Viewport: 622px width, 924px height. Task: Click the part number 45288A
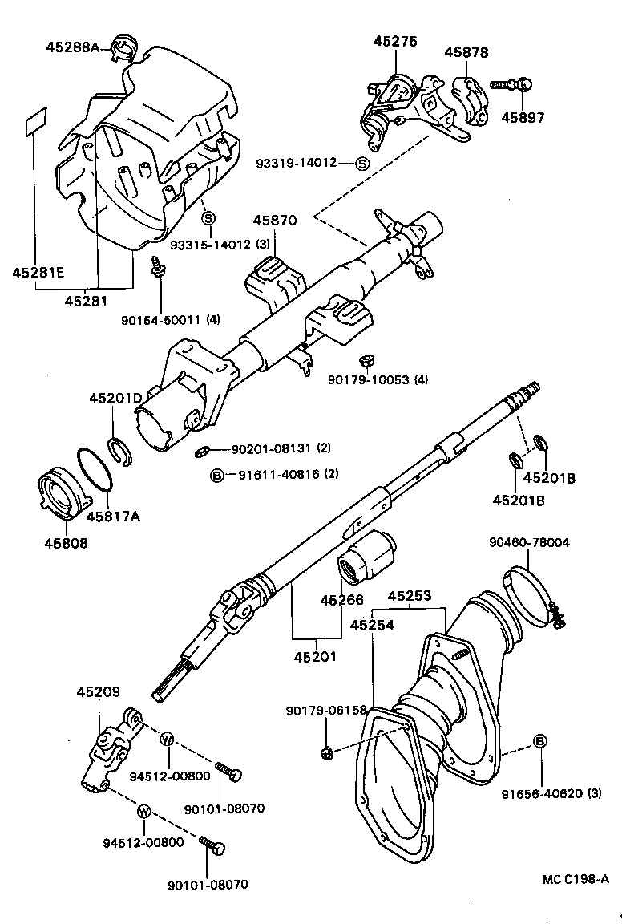[x=71, y=47]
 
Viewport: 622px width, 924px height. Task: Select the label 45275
[x=393, y=43]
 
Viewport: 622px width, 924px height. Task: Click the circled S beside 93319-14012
[x=361, y=164]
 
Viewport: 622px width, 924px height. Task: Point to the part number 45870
[x=275, y=220]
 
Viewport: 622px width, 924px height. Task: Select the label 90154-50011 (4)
[x=171, y=319]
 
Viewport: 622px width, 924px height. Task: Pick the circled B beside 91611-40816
[x=216, y=475]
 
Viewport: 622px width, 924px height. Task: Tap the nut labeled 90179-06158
[x=326, y=751]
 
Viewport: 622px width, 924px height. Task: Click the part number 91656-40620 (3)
[x=551, y=794]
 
